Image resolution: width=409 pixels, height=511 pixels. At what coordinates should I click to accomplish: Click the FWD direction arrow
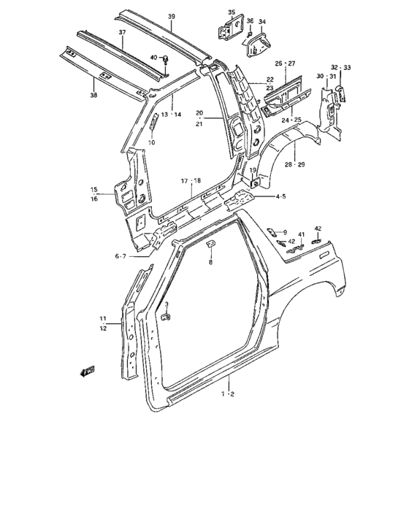click(x=87, y=371)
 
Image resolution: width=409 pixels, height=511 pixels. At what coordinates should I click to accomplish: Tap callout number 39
click(x=172, y=16)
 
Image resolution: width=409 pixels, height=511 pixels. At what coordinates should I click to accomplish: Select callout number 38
click(x=93, y=95)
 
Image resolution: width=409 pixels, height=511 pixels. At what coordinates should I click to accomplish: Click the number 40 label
click(x=153, y=58)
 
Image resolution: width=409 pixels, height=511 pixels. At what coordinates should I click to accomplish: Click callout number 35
click(x=232, y=12)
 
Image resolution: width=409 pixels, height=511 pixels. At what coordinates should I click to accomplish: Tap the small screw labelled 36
click(x=250, y=34)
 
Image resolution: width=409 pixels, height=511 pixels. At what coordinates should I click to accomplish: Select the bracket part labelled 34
click(x=259, y=45)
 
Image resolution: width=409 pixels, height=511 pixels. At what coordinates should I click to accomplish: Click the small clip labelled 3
click(x=167, y=316)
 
